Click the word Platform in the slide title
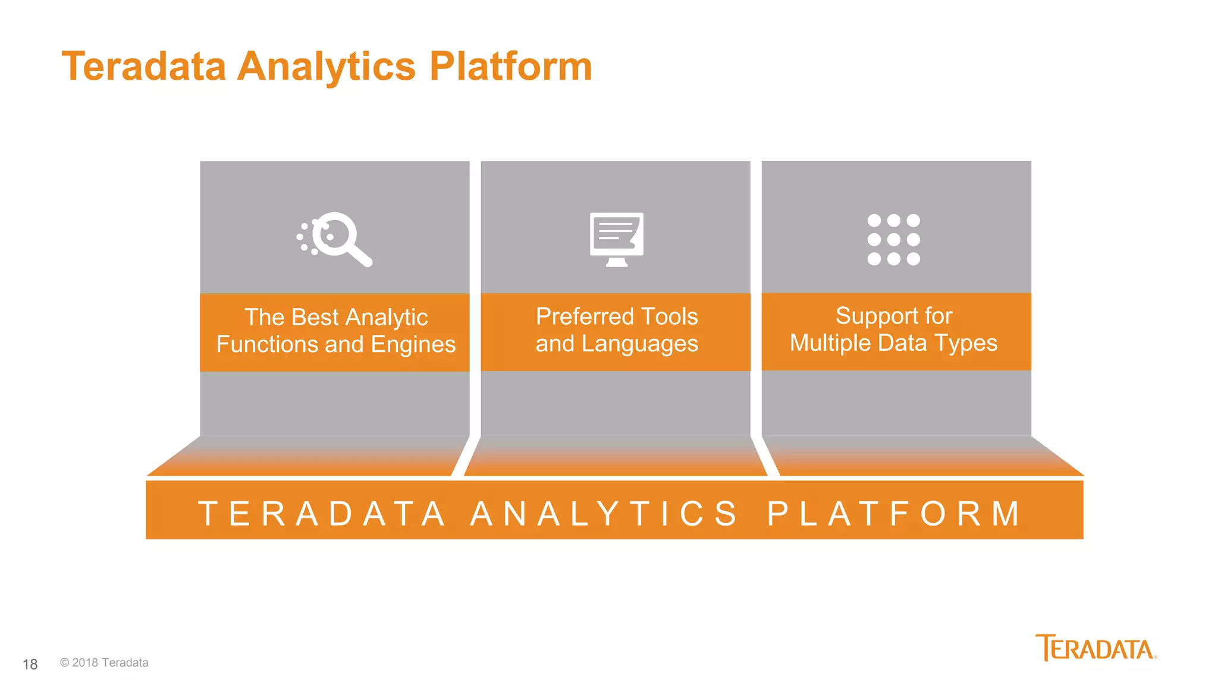pos(510,66)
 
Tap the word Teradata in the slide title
pos(144,66)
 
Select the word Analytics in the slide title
pos(327,67)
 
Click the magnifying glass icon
pos(335,239)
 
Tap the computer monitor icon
pos(616,239)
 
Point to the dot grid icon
pos(893,239)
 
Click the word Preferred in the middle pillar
pos(585,317)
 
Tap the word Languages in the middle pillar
pos(639,344)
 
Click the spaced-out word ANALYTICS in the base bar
pos(604,514)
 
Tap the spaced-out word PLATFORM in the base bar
pos(894,514)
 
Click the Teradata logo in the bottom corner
pos(1095,648)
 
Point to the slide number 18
pos(30,664)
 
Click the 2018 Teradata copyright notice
pos(104,663)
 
